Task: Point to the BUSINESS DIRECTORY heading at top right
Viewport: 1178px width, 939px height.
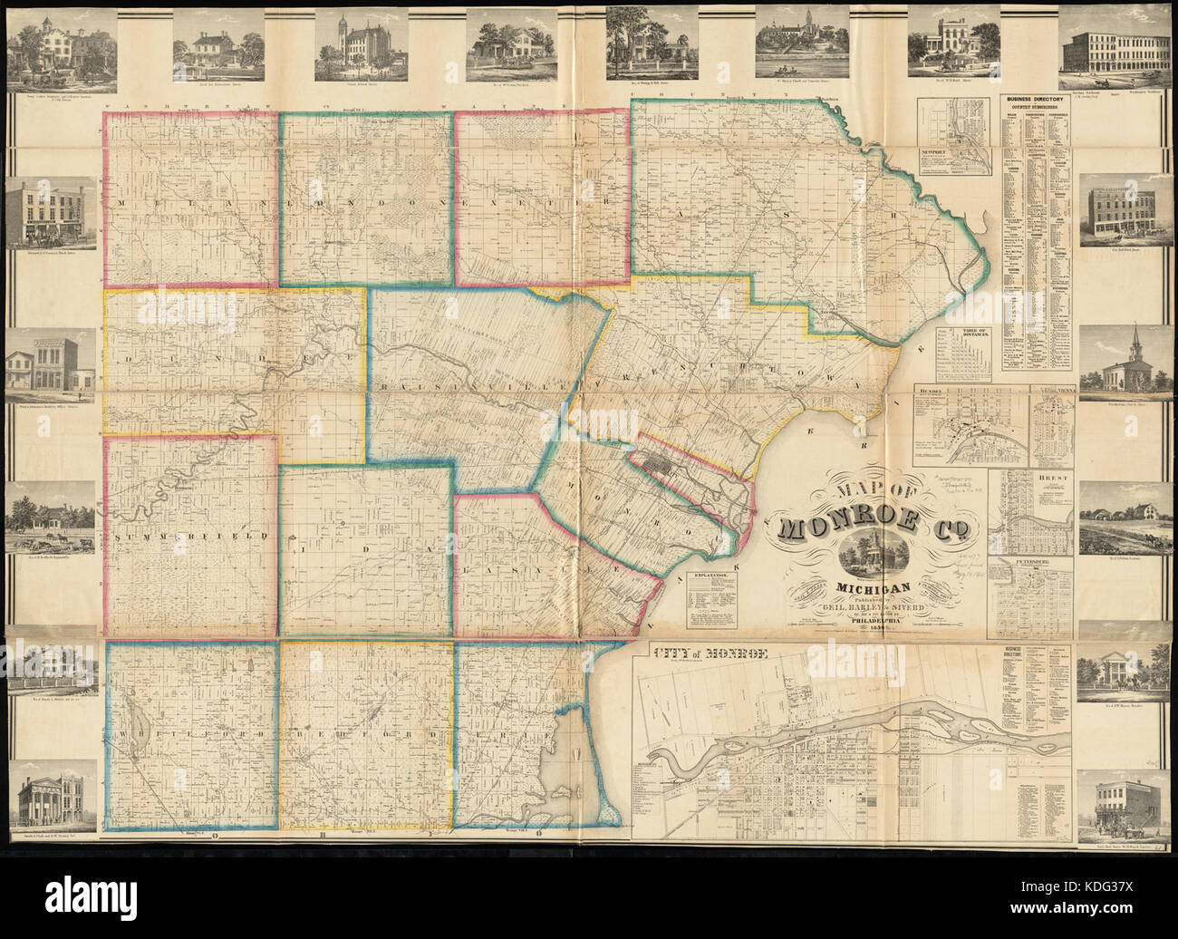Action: pos(1034,101)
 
